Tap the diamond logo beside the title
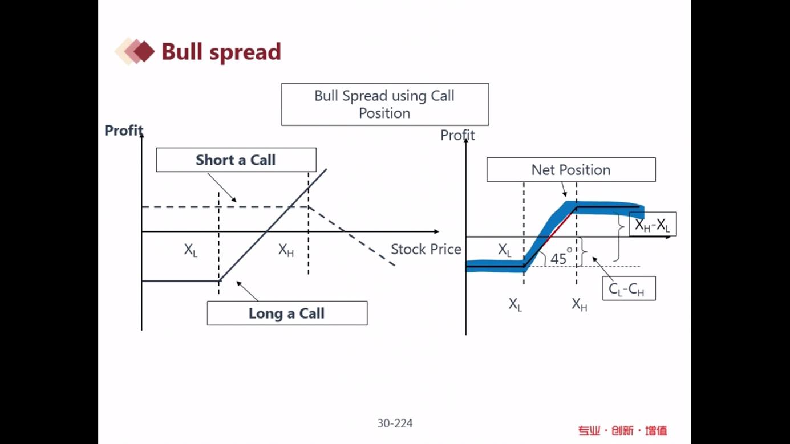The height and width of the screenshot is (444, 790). (135, 51)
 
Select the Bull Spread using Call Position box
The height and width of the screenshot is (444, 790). (385, 104)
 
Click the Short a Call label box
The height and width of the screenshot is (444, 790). (236, 160)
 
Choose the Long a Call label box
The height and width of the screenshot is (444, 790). (287, 313)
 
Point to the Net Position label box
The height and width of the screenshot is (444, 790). (571, 170)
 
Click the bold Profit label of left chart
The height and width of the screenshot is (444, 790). (124, 131)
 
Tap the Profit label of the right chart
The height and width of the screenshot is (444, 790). (457, 135)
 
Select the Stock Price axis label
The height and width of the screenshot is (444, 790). (426, 249)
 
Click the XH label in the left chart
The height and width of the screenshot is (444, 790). (286, 250)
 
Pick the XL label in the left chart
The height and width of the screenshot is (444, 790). (191, 250)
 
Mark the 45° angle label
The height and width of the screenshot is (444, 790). (561, 257)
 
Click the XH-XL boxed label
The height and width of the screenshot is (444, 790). (653, 224)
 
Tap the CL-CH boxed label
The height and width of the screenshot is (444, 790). (629, 288)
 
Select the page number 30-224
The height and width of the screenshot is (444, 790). (395, 423)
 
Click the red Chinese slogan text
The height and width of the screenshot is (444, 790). (622, 431)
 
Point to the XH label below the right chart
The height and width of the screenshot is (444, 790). (580, 304)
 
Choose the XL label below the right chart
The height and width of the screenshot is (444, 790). (515, 304)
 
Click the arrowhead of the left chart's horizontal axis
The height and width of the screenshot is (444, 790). (437, 231)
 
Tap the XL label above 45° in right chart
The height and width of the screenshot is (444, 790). (505, 250)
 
